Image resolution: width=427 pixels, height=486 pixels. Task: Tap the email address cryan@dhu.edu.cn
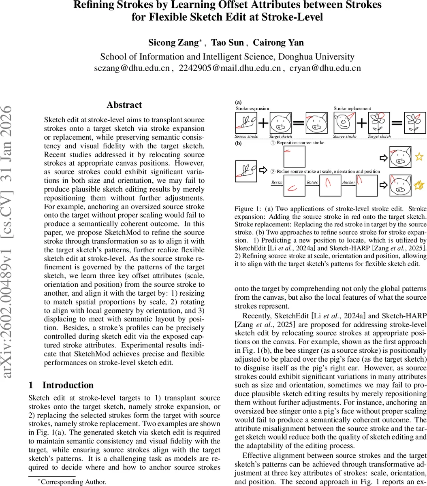click(x=325, y=68)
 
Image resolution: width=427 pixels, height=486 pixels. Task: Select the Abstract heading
click(x=124, y=105)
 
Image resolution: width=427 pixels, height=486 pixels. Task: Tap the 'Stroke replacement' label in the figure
click(x=352, y=109)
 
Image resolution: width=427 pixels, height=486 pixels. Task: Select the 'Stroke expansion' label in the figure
click(x=252, y=109)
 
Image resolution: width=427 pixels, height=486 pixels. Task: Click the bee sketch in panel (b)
click(x=246, y=171)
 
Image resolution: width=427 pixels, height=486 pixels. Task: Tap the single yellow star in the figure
click(x=419, y=156)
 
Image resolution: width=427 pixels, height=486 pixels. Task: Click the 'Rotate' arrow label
click(x=312, y=182)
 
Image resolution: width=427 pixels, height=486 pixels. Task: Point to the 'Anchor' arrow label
click(x=348, y=182)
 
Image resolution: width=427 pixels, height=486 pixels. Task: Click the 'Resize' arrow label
click(x=277, y=182)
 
